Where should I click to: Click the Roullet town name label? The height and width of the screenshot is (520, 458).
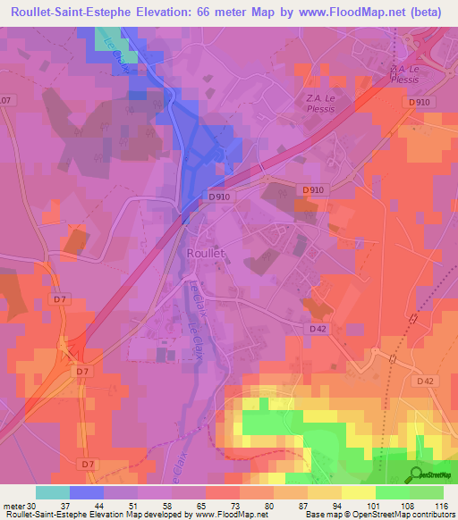pyautogui.click(x=206, y=253)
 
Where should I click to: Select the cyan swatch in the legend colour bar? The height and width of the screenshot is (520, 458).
pyautogui.click(x=52, y=491)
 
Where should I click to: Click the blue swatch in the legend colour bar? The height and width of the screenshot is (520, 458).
pyautogui.click(x=86, y=491)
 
